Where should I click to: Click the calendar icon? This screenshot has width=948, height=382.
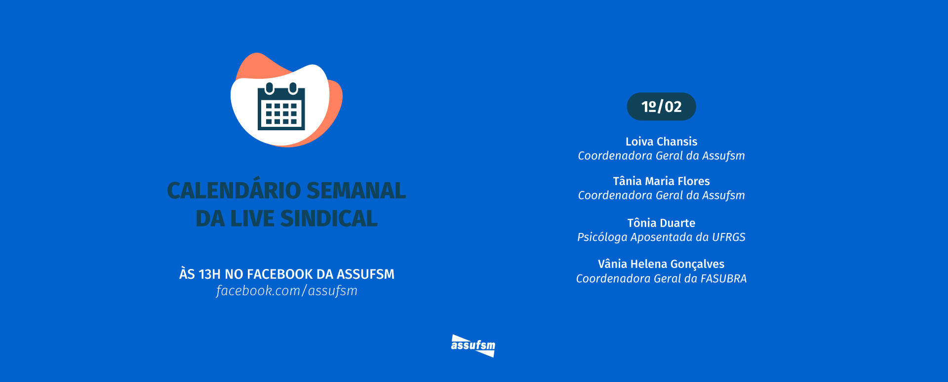[x=281, y=107]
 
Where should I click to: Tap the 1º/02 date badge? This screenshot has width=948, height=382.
[x=661, y=107]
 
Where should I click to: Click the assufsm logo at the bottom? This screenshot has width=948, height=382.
[x=473, y=345]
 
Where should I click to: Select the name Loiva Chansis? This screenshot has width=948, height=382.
[x=661, y=142]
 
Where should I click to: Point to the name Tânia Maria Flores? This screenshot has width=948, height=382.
[x=661, y=181]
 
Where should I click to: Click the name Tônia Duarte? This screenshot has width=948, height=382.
[x=661, y=223]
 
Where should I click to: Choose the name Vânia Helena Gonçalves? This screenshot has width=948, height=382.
[x=661, y=264]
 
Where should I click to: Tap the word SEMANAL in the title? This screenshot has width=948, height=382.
[x=356, y=191]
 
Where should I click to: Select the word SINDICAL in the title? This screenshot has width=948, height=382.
[x=329, y=219]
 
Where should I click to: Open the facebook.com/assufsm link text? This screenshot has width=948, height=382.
[x=286, y=291]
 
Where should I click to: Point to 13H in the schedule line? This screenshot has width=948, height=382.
[x=209, y=274]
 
